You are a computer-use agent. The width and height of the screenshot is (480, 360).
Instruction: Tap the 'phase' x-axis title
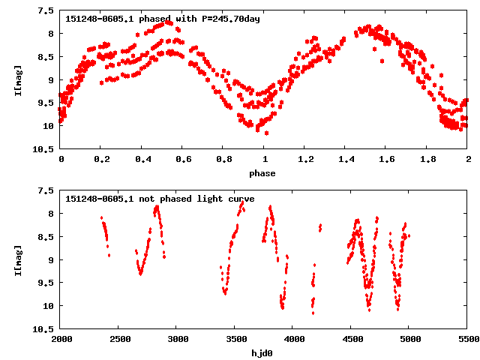(x=263, y=173)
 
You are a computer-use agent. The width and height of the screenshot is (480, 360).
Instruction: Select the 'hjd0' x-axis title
(x=263, y=352)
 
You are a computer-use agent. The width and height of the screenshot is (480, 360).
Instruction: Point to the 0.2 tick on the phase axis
(x=101, y=160)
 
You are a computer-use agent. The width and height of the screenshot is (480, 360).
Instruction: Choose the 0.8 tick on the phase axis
(x=223, y=160)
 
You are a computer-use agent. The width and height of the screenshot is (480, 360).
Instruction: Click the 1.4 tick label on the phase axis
(x=346, y=160)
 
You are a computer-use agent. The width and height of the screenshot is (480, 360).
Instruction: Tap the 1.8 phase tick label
(x=427, y=160)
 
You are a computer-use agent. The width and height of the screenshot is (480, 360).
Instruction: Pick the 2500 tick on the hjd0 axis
(x=118, y=340)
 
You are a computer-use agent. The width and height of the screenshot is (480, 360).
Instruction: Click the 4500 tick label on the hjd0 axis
(x=352, y=340)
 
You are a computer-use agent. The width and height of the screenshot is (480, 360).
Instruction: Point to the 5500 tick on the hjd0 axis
(x=467, y=340)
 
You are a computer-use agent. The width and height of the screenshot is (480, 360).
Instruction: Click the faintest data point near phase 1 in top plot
(x=266, y=133)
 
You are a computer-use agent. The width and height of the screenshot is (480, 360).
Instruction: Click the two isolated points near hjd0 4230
(x=320, y=226)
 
